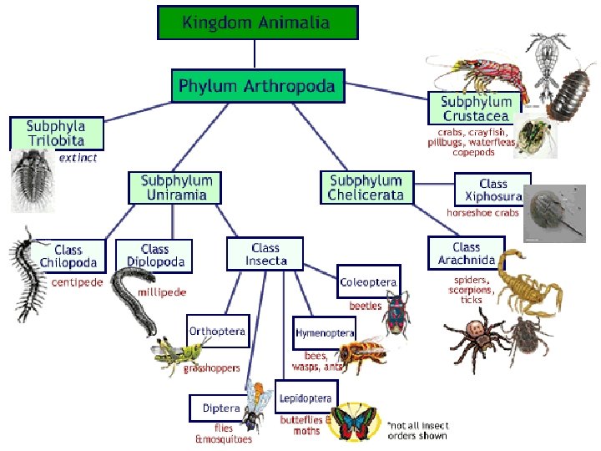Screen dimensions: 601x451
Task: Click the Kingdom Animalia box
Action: click(257, 23)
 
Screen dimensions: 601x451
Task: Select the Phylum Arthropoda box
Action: click(257, 86)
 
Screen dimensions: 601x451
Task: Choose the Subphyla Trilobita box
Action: click(58, 133)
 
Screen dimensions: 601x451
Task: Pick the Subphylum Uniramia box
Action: click(176, 188)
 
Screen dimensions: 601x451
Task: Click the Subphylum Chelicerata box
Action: click(366, 187)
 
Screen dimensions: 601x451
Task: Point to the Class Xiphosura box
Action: click(492, 190)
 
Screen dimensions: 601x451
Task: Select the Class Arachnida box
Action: click(466, 253)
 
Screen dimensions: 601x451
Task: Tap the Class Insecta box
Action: click(266, 254)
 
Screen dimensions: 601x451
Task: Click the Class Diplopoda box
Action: click(154, 255)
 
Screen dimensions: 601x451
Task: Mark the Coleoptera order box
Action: click(368, 282)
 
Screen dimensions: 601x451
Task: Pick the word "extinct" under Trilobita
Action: click(78, 157)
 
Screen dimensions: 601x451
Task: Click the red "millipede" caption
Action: click(162, 292)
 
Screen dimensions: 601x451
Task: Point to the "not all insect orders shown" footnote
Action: click(417, 430)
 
